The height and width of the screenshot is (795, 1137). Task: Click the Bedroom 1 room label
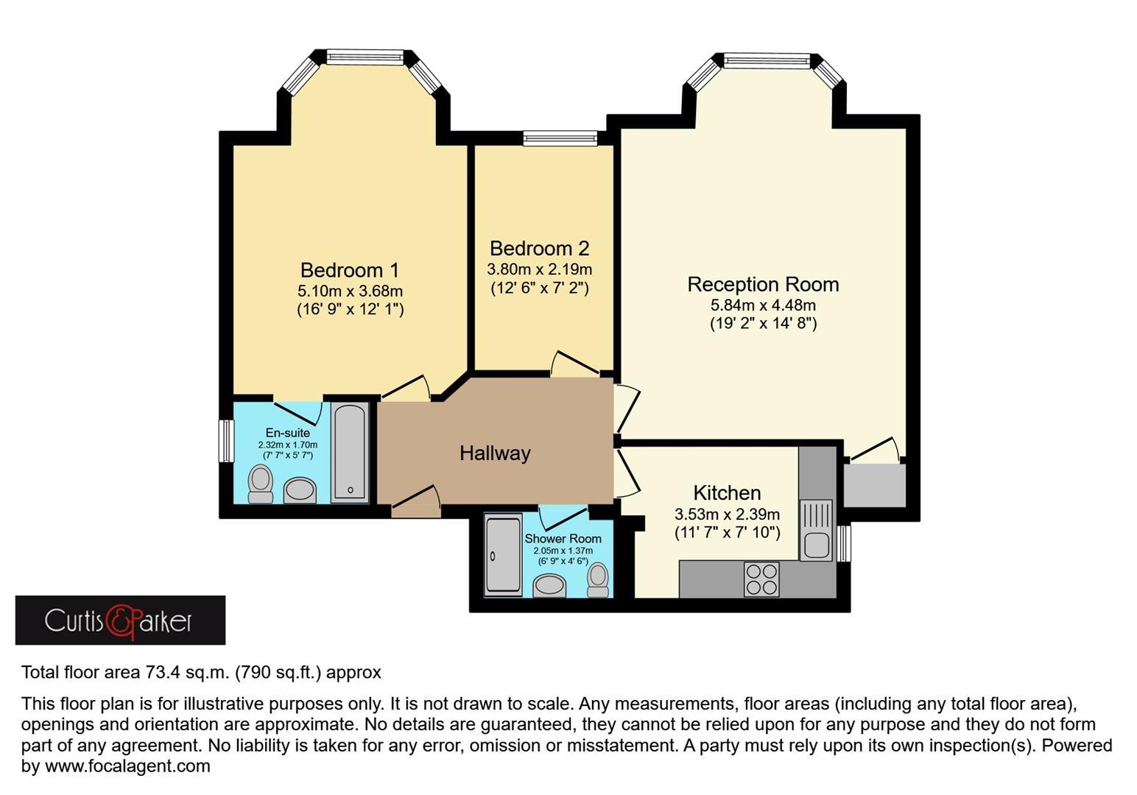pyautogui.click(x=350, y=270)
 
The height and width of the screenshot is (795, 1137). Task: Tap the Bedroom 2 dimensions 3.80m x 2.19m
pyautogui.click(x=539, y=269)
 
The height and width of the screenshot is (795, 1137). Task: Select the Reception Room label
pyautogui.click(x=763, y=284)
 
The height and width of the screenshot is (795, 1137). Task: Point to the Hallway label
pyautogui.click(x=495, y=453)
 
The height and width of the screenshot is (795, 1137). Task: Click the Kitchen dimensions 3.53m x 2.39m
pyautogui.click(x=727, y=514)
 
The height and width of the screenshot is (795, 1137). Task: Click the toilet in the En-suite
pyautogui.click(x=260, y=484)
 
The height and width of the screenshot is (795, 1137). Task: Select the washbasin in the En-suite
pyautogui.click(x=300, y=490)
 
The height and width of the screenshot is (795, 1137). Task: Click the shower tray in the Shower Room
pyautogui.click(x=503, y=554)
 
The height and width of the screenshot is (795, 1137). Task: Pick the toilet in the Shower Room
pyautogui.click(x=598, y=579)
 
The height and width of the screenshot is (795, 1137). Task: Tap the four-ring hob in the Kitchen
pyautogui.click(x=761, y=579)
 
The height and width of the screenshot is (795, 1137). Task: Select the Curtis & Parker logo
pyautogui.click(x=120, y=621)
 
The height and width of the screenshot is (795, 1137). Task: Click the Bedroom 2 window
pyautogui.click(x=560, y=138)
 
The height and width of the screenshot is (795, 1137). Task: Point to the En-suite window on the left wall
pyautogui.click(x=226, y=441)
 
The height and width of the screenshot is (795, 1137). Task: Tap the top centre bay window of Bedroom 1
pyautogui.click(x=365, y=57)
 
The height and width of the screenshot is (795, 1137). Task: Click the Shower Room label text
pyautogui.click(x=563, y=539)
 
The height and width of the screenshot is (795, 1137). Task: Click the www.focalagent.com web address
pyautogui.click(x=127, y=766)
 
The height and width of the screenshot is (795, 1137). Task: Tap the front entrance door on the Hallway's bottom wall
pyautogui.click(x=415, y=506)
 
